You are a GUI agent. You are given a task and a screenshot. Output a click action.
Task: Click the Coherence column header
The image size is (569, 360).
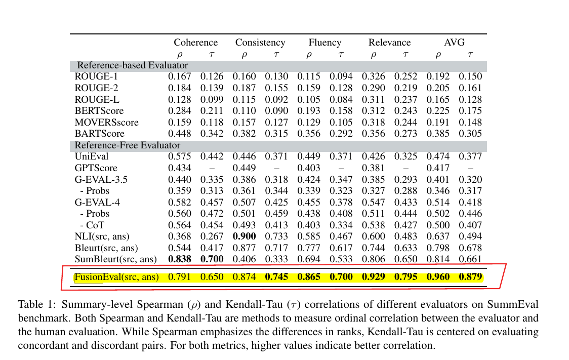click(195, 43)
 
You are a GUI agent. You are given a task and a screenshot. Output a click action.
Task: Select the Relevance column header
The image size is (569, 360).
click(389, 43)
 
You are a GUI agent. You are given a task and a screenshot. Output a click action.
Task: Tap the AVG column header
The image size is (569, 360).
click(454, 43)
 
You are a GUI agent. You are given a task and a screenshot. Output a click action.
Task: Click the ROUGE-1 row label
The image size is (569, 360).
click(96, 76)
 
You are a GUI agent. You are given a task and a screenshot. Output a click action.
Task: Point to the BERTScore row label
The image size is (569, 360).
click(99, 110)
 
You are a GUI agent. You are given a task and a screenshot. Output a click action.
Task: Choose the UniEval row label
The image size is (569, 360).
click(91, 156)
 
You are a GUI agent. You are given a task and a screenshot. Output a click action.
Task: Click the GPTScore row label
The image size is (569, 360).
click(96, 168)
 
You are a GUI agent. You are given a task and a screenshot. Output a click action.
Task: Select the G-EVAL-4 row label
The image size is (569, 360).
click(97, 203)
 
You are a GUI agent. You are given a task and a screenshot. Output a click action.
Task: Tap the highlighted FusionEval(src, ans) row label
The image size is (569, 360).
click(116, 277)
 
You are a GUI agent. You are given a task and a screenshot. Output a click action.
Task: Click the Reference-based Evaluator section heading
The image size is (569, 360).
click(132, 65)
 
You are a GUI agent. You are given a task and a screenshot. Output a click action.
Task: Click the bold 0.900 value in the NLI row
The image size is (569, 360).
click(244, 236)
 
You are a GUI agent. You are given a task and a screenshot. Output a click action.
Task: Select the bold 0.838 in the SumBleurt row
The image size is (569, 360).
click(180, 259)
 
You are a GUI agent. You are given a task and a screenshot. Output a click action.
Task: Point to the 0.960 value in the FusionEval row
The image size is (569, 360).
click(438, 277)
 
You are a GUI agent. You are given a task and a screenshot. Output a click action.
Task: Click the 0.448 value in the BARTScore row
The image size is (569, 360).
click(180, 134)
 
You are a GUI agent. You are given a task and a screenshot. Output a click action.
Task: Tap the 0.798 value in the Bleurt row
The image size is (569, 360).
click(438, 248)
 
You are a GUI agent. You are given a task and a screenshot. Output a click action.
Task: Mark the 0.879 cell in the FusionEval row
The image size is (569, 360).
click(470, 277)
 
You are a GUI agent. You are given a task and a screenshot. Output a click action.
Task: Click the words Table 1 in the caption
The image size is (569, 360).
click(34, 305)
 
